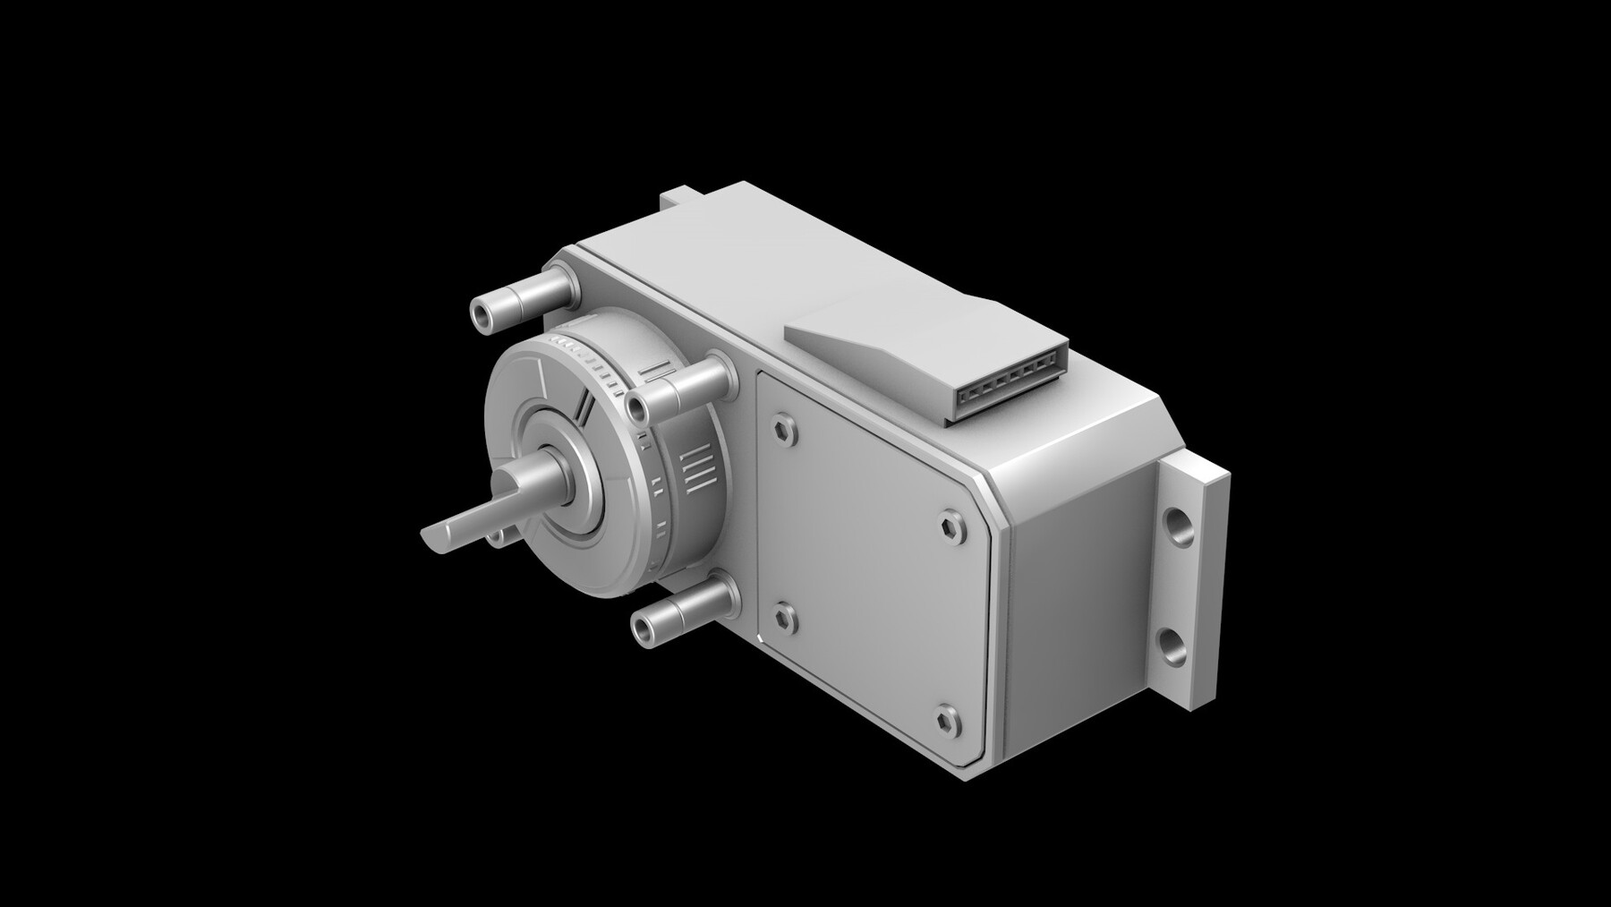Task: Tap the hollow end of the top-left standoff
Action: click(x=483, y=313)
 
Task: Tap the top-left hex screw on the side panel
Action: click(x=785, y=428)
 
